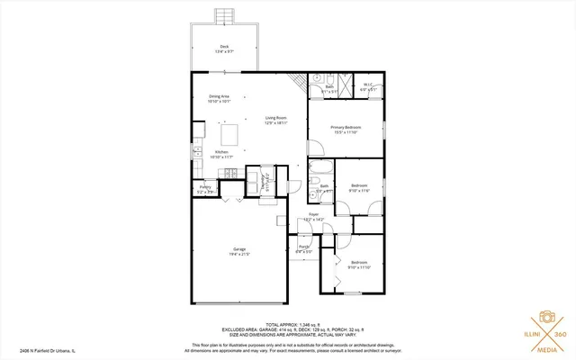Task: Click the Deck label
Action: [224, 49]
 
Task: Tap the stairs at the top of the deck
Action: [225, 15]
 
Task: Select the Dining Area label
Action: [220, 98]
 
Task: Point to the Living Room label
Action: [275, 120]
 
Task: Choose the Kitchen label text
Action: [221, 155]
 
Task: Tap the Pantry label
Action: [205, 188]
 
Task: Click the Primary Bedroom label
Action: [345, 130]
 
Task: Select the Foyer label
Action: [313, 217]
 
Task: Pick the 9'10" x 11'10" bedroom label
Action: [359, 265]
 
